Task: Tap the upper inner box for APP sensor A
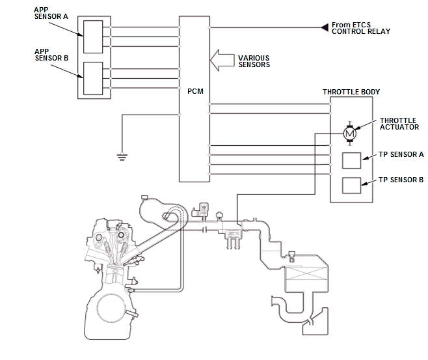tap(93, 36)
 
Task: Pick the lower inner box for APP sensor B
tap(93, 78)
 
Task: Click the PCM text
tap(194, 91)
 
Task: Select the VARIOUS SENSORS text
tap(254, 61)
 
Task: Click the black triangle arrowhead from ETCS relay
tap(323, 27)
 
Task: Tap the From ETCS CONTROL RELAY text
tap(360, 28)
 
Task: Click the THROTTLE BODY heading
tap(351, 92)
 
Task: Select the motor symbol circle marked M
tap(349, 133)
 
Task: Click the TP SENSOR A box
tap(351, 160)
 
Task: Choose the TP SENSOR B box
tap(351, 186)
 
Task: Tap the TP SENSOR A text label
tap(401, 155)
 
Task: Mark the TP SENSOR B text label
tap(401, 180)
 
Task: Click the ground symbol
tap(121, 156)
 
